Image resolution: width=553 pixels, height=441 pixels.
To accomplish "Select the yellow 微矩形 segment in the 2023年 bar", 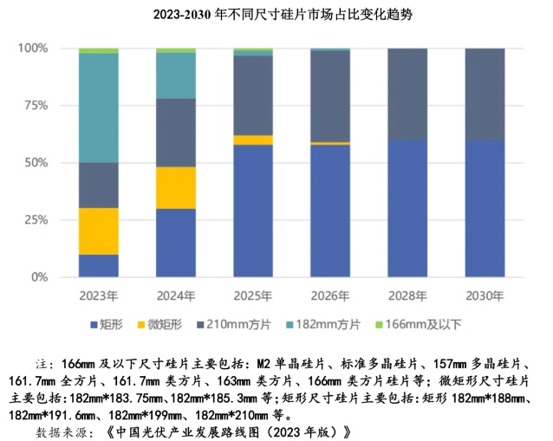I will pos(98,231).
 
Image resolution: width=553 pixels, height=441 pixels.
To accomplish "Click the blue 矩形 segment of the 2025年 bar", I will pos(252,211).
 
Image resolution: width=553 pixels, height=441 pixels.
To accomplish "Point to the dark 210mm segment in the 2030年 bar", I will pos(485,94).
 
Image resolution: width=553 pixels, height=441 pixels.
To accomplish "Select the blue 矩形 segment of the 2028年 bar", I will pos(407,208).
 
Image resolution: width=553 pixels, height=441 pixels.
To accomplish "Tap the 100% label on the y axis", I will pos(34,48).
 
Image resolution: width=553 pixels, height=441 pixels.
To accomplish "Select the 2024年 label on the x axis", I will pos(175,295).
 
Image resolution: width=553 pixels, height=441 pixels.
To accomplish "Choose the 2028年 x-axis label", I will pos(407,295).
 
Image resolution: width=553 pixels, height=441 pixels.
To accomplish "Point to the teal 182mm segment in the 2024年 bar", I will pos(175,75).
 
